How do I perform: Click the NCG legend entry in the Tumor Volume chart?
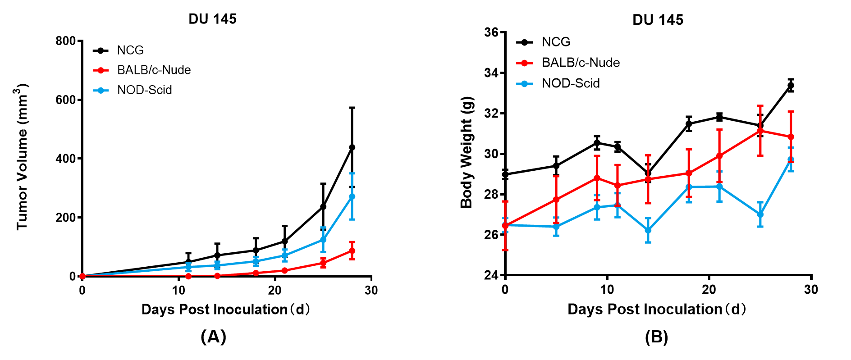tap(130, 50)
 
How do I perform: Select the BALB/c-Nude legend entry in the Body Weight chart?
tap(580, 63)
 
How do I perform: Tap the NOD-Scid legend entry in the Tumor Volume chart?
tap(144, 90)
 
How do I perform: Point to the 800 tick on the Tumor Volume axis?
tap(65, 41)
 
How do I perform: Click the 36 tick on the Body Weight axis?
tap(491, 32)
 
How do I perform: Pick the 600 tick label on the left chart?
tap(65, 100)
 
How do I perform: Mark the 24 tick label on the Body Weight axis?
tap(491, 275)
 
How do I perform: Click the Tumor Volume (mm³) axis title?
tap(22, 157)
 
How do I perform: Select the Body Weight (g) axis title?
tap(467, 152)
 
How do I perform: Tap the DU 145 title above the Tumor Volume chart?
tap(212, 19)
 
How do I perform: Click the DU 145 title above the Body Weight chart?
tap(658, 20)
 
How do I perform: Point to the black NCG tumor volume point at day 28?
tap(352, 147)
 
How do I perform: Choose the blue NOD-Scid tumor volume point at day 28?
tap(352, 196)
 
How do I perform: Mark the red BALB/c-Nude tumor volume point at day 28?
tap(352, 251)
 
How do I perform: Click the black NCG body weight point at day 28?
tap(791, 85)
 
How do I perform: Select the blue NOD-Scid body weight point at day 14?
tap(648, 230)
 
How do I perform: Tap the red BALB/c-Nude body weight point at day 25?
tap(760, 131)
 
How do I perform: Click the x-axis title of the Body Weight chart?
tap(657, 310)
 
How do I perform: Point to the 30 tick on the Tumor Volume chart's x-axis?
tap(371, 290)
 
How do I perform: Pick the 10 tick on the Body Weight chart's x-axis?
tap(607, 289)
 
